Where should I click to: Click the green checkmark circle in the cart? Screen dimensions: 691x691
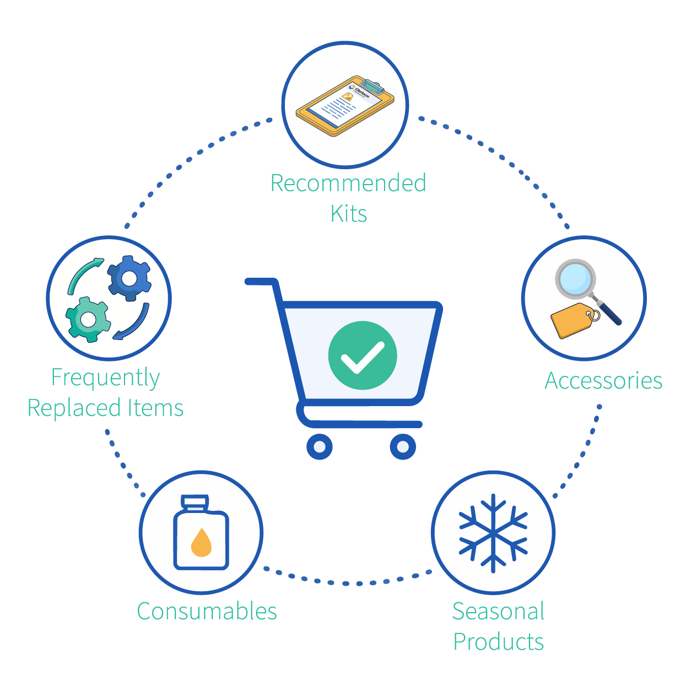(x=363, y=355)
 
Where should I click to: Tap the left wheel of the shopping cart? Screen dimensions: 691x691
(x=320, y=447)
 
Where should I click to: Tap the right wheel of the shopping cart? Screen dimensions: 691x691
(x=403, y=447)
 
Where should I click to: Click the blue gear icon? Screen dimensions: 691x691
(x=129, y=278)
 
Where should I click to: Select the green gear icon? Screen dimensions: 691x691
(x=88, y=319)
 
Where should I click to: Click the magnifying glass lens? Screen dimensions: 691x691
(x=575, y=279)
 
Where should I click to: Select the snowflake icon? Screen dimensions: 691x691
(x=493, y=533)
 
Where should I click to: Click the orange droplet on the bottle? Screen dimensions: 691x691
(x=201, y=543)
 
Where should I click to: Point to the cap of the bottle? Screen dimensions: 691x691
(x=195, y=503)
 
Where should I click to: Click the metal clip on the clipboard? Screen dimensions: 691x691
(x=372, y=86)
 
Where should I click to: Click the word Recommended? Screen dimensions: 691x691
(x=348, y=183)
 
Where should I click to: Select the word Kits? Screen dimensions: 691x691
(x=349, y=214)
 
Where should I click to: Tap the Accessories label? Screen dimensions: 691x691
(x=603, y=380)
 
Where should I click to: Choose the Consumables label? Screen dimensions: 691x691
(x=207, y=611)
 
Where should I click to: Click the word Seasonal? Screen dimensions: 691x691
(x=498, y=611)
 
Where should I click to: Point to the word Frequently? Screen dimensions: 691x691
(x=105, y=378)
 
